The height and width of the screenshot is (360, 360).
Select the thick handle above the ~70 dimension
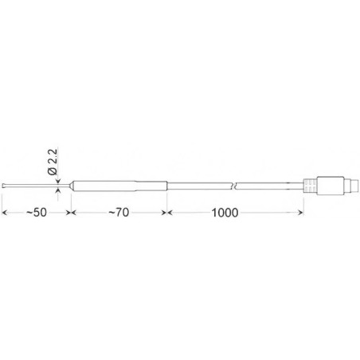pos(119,186)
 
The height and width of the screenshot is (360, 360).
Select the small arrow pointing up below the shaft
pos(57,191)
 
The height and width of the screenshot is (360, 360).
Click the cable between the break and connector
pos(271,186)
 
